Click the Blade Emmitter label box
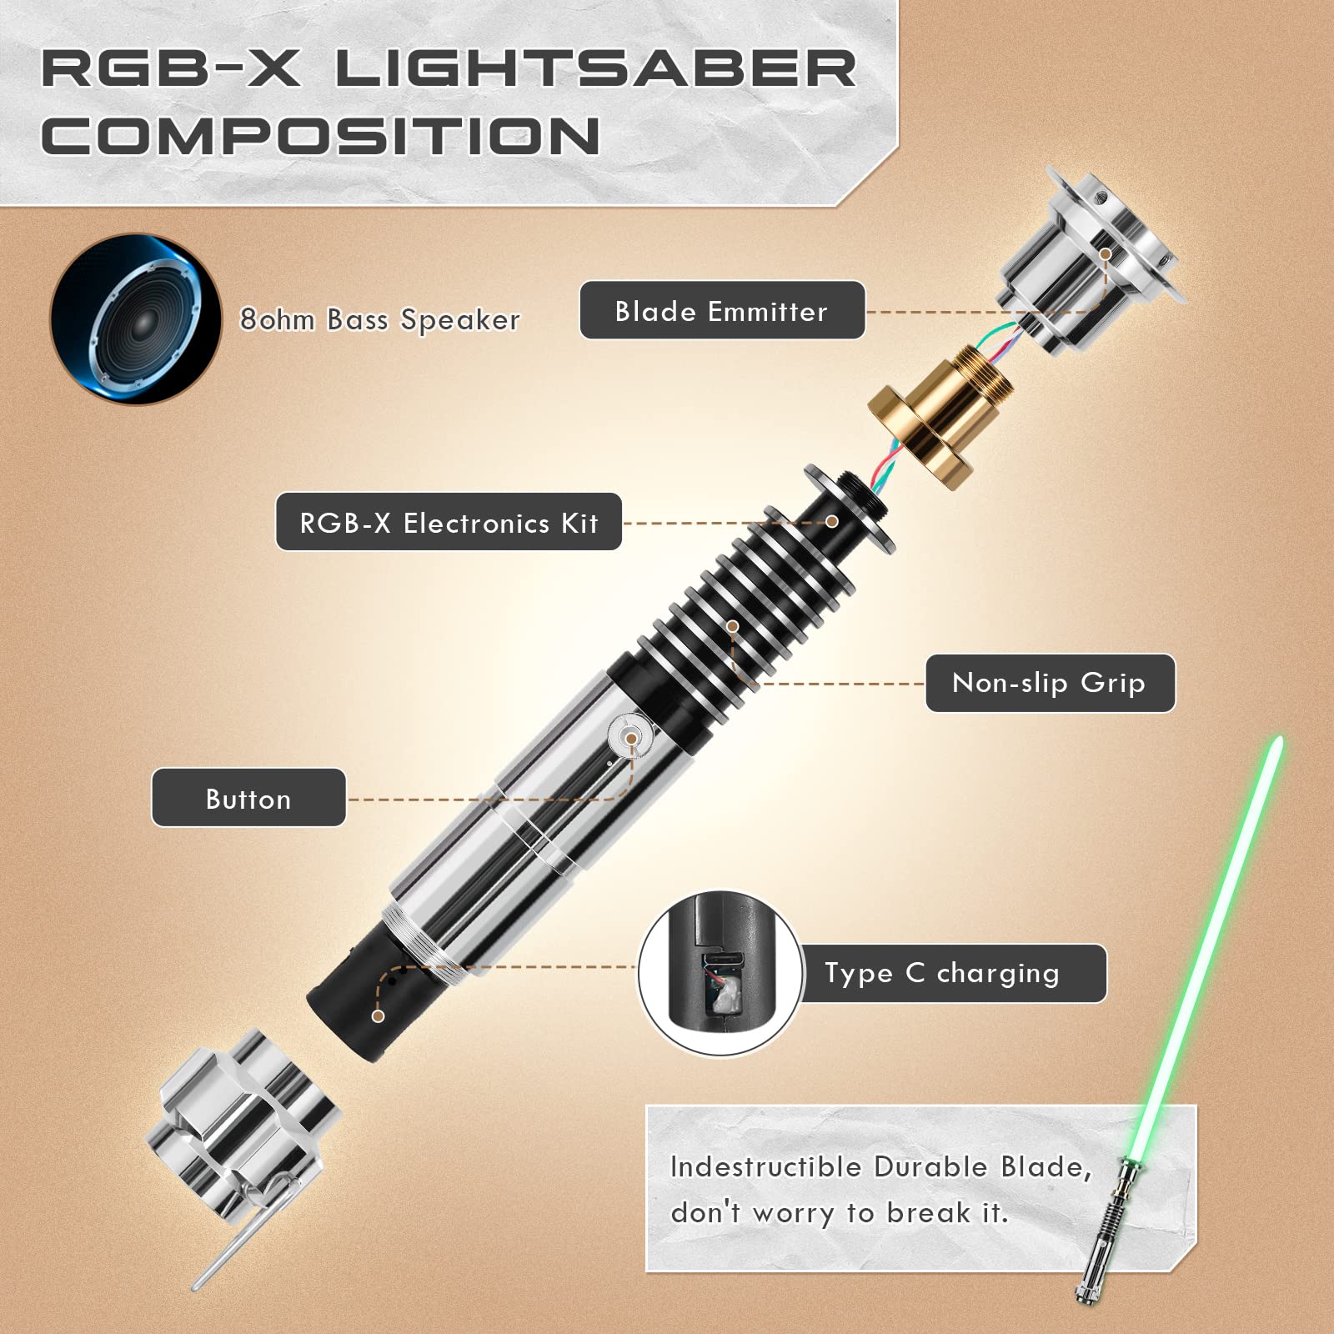pyautogui.click(x=722, y=310)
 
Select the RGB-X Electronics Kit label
pyautogui.click(x=449, y=522)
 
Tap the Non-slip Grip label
pyautogui.click(x=1050, y=683)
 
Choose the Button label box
pyautogui.click(x=248, y=798)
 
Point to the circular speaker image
pyautogui.click(x=136, y=318)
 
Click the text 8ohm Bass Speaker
pyautogui.click(x=380, y=319)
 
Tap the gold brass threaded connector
pyautogui.click(x=940, y=414)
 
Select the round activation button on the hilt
pyautogui.click(x=630, y=738)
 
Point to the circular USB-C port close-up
pyautogui.click(x=721, y=973)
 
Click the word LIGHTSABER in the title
pyautogui.click(x=595, y=68)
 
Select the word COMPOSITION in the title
pyautogui.click(x=321, y=135)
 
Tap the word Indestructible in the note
pyautogui.click(x=765, y=1167)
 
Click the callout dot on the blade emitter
pyautogui.click(x=1105, y=253)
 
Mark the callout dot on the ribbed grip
pyautogui.click(x=732, y=625)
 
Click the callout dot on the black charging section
pyautogui.click(x=378, y=1016)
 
